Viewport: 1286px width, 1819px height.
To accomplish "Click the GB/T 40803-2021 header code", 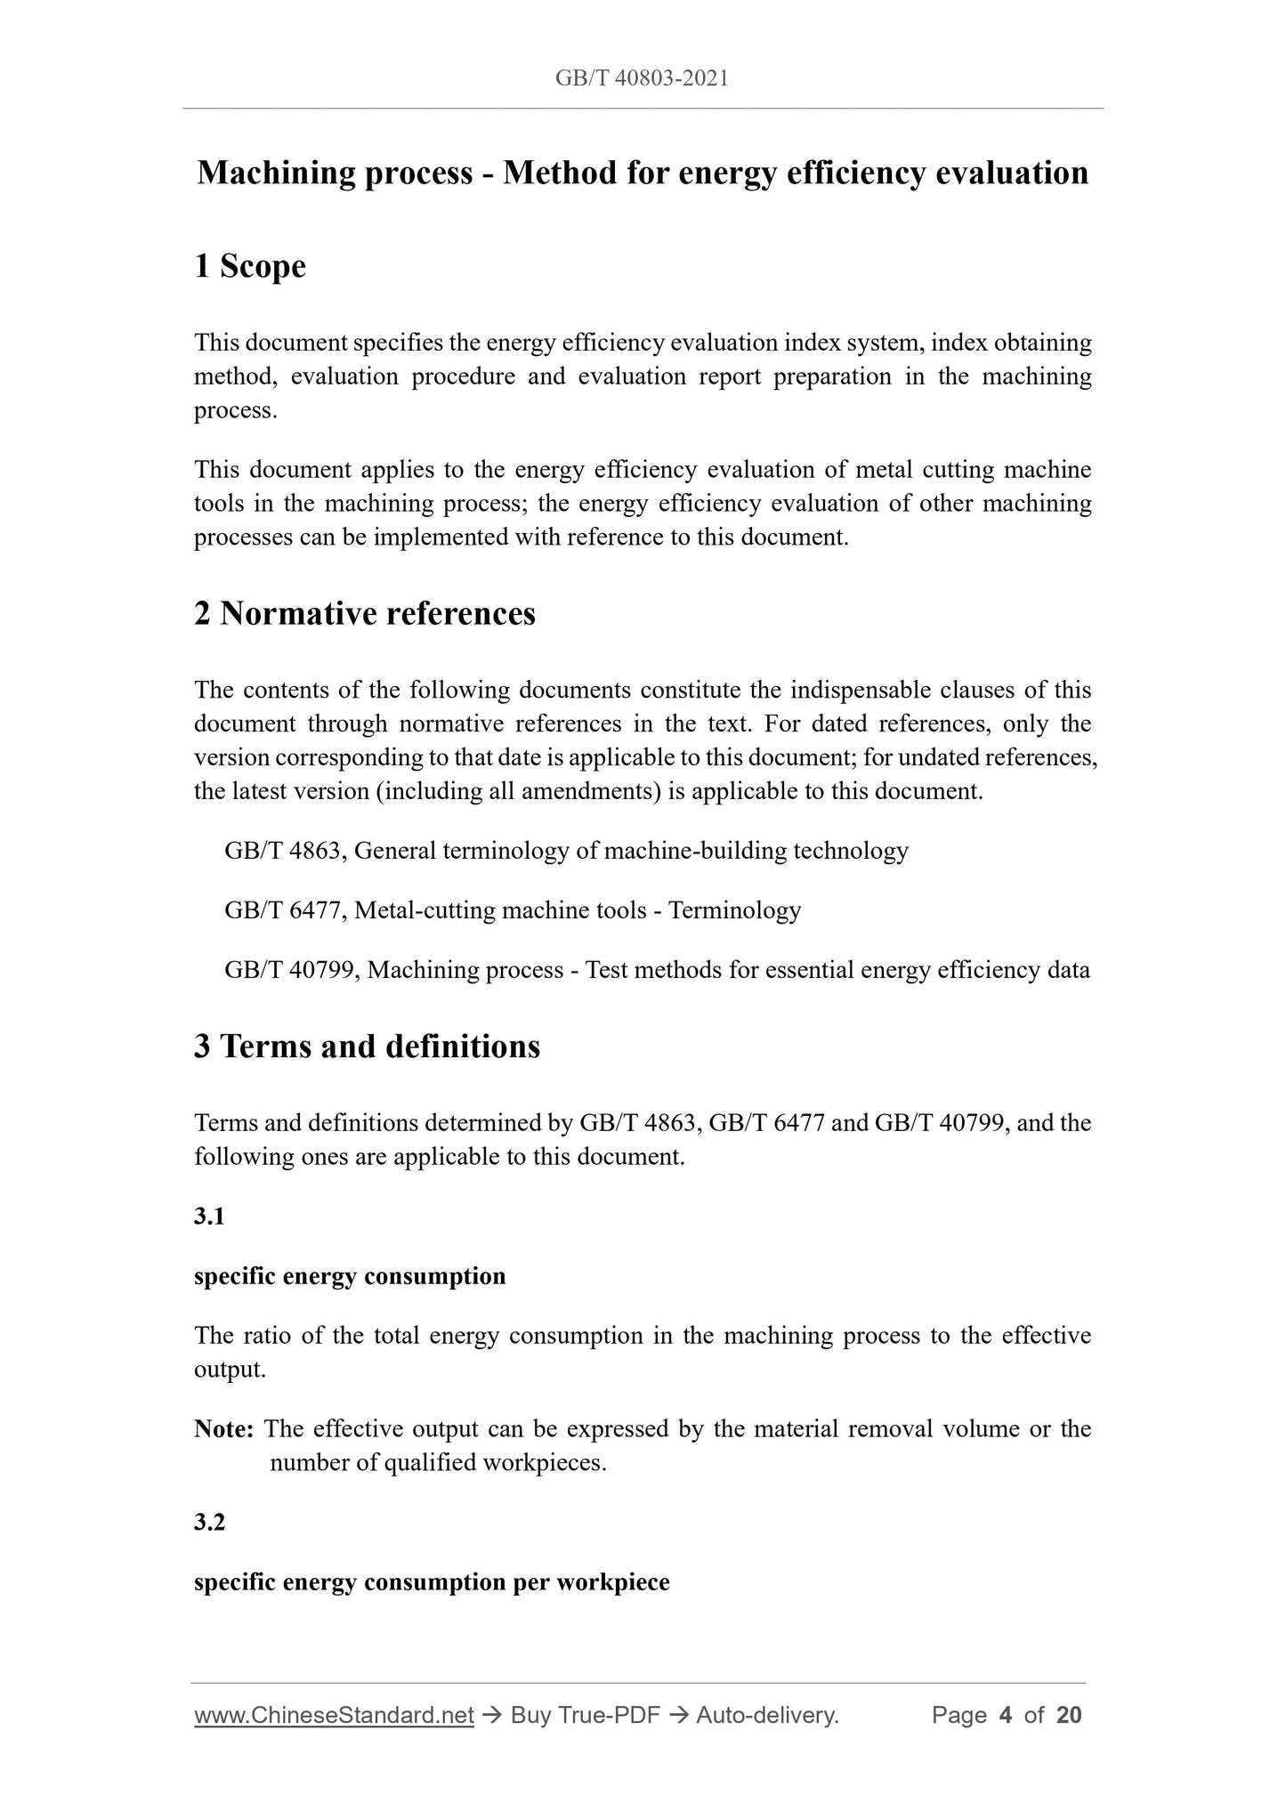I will [x=642, y=78].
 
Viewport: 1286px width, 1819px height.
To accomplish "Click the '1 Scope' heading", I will [x=250, y=266].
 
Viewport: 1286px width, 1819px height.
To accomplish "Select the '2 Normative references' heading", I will [x=365, y=613].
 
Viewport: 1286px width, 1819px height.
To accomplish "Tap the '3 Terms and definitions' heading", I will [x=367, y=1046].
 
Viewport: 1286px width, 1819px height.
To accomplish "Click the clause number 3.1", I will [x=209, y=1217].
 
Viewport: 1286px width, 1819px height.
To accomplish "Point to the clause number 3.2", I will [x=209, y=1523].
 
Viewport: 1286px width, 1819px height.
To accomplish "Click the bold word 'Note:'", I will [x=224, y=1429].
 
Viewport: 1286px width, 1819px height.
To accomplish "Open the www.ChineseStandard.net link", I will [x=334, y=1715].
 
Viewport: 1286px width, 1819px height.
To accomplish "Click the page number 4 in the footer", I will [x=1006, y=1715].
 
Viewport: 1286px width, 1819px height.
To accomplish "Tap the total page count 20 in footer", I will [x=1069, y=1715].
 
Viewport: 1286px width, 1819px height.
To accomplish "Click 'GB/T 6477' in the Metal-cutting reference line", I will [x=283, y=910].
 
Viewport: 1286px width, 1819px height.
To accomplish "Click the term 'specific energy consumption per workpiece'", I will [x=432, y=1582].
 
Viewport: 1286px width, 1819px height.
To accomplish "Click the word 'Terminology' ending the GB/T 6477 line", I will [x=734, y=910].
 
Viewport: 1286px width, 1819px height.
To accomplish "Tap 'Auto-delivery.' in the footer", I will [x=768, y=1715].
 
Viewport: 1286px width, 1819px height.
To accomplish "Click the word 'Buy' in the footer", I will [x=532, y=1715].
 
